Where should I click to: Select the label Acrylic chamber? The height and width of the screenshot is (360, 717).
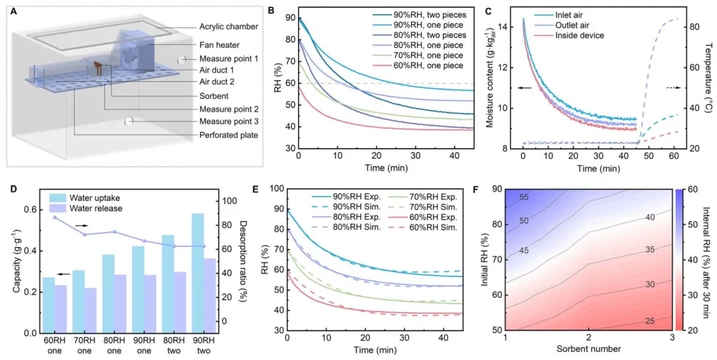pyautogui.click(x=228, y=26)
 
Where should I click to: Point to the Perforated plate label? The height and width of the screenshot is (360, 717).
pyautogui.click(x=227, y=135)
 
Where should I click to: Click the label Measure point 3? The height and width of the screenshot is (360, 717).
pyautogui.click(x=230, y=122)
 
